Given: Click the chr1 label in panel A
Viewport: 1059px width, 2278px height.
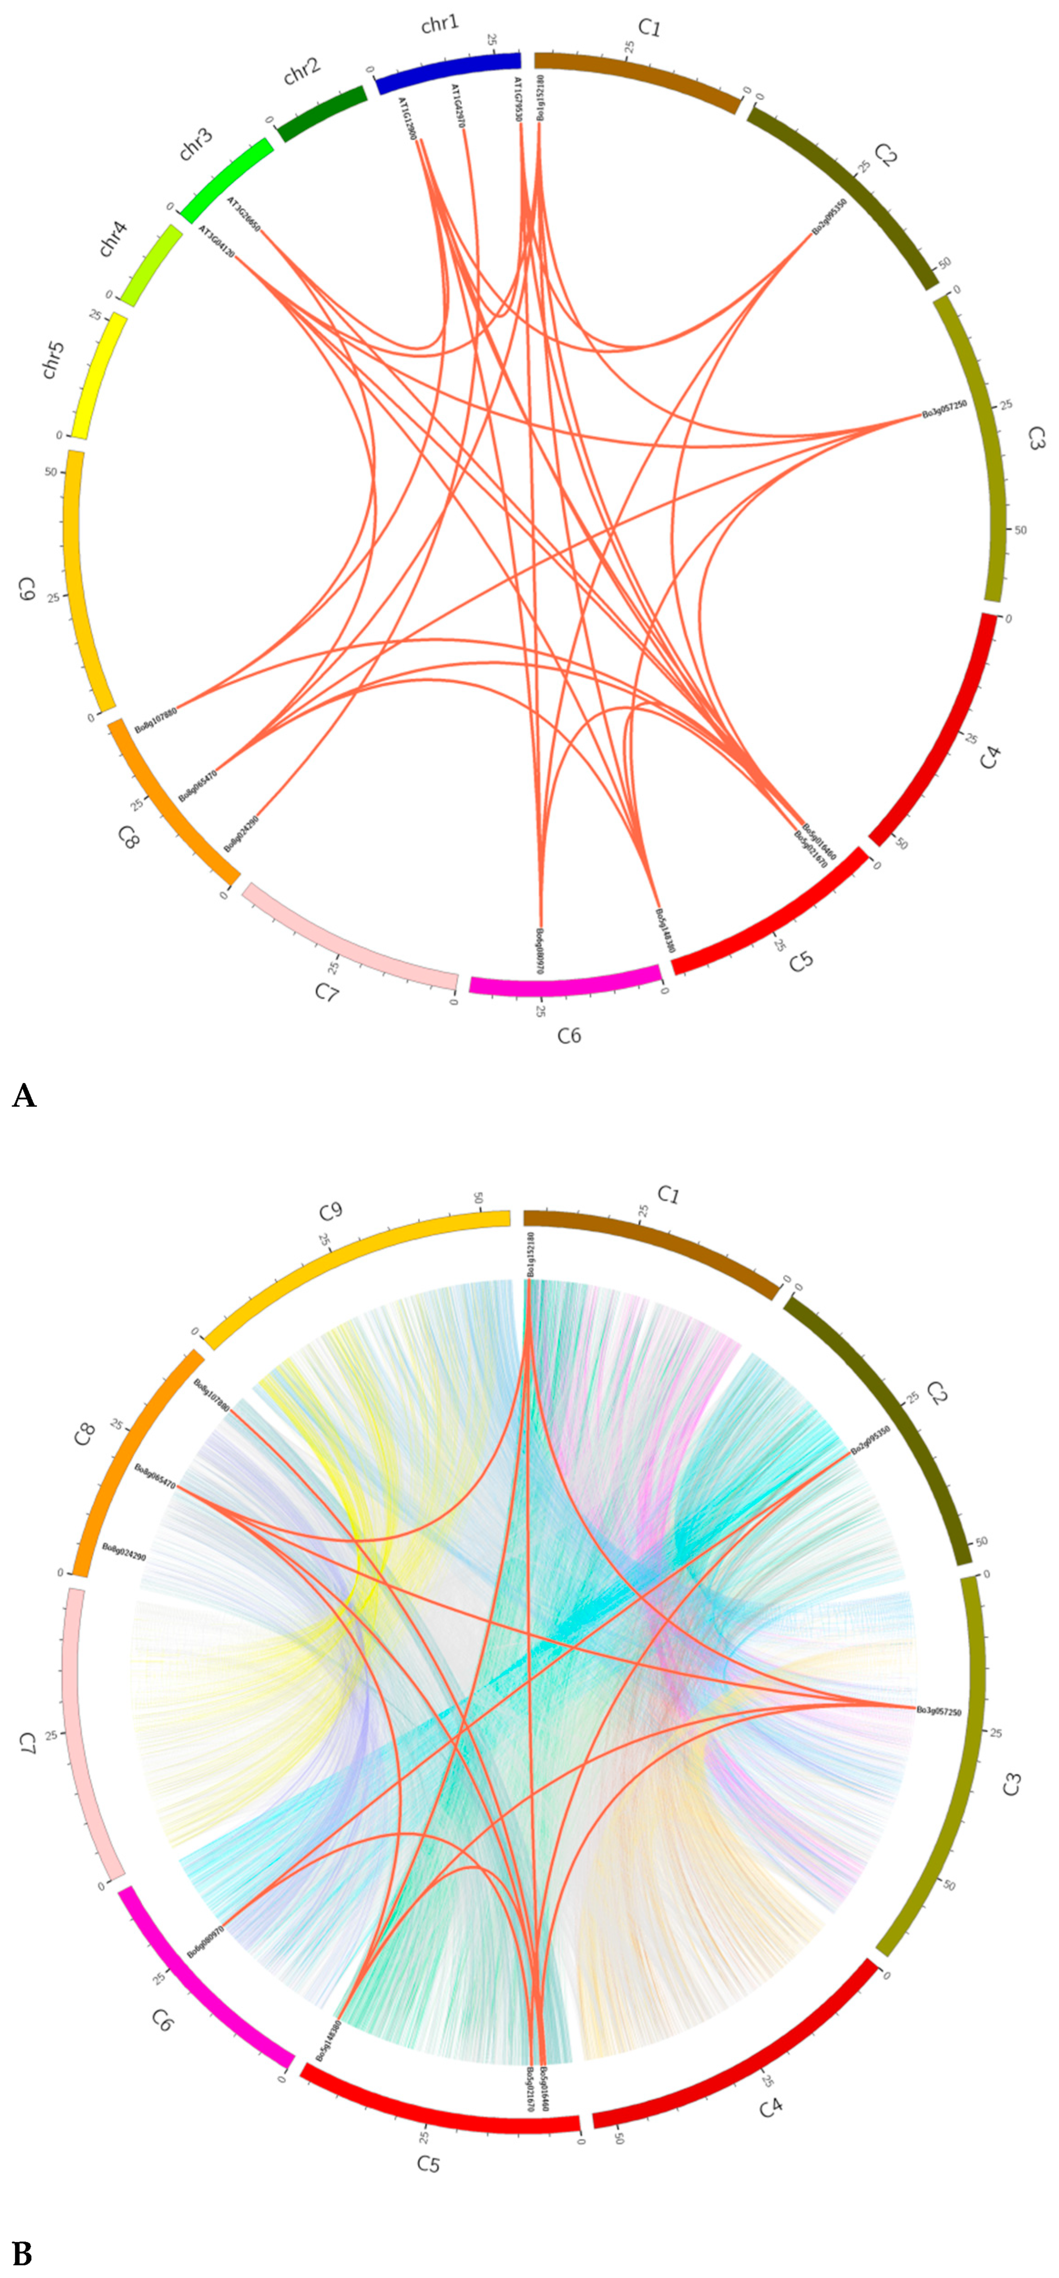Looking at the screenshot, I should (x=440, y=24).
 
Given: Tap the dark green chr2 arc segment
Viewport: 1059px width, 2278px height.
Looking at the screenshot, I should (x=322, y=113).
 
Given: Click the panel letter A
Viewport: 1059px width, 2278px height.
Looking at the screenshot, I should (x=24, y=1097).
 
